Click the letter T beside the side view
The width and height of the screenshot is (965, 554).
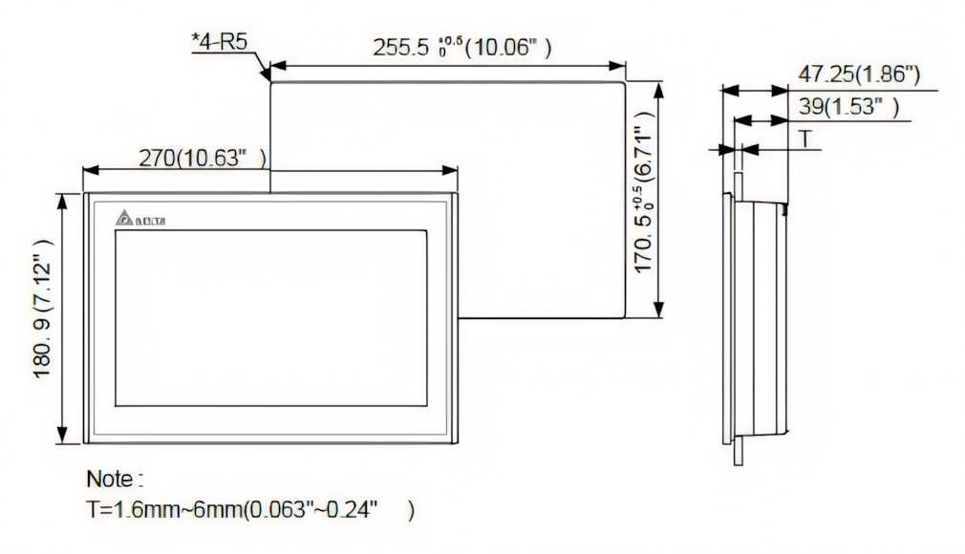click(x=804, y=139)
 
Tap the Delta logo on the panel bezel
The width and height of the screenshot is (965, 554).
click(x=139, y=220)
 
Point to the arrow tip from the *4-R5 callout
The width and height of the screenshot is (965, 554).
click(x=268, y=75)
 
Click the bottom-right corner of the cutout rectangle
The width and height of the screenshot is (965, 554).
click(x=625, y=318)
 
